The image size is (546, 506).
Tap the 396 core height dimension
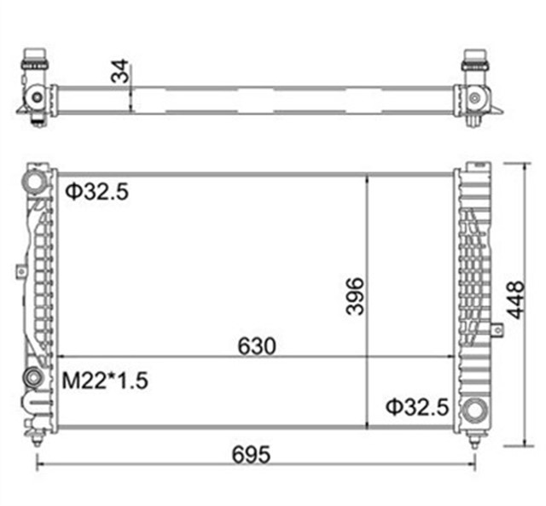(x=354, y=295)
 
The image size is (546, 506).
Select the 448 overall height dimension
(x=514, y=300)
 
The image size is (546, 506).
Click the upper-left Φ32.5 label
(x=96, y=193)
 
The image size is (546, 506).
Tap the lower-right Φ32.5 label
(x=415, y=407)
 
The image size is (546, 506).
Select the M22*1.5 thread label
(x=105, y=381)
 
